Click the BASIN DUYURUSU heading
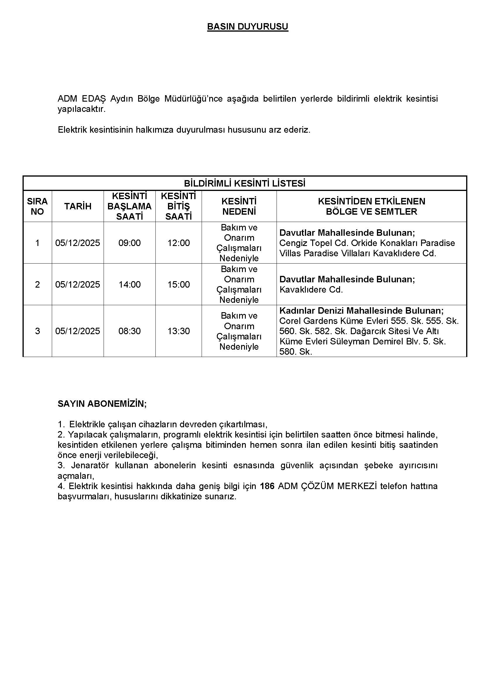[x=247, y=27]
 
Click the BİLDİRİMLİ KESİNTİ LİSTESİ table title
[x=245, y=183]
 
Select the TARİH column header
[x=78, y=206]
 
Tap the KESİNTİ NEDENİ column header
[x=239, y=206]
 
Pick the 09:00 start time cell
[x=129, y=243]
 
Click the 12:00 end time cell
[x=179, y=243]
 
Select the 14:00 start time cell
[x=129, y=284]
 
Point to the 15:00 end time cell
[x=179, y=284]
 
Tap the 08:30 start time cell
[x=129, y=331]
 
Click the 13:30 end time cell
[x=179, y=331]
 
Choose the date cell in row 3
[x=78, y=331]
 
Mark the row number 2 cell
[x=37, y=284]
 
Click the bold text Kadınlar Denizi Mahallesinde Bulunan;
[x=361, y=310]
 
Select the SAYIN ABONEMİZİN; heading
[x=102, y=404]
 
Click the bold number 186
[x=267, y=486]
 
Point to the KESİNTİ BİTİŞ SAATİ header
[x=179, y=206]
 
